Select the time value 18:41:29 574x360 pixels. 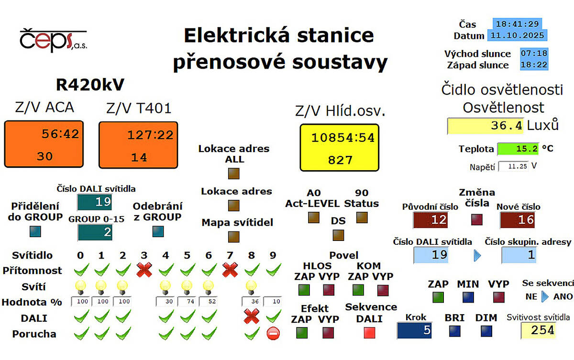click(x=517, y=24)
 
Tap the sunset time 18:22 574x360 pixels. click(x=534, y=65)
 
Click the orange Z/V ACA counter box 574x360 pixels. click(x=44, y=144)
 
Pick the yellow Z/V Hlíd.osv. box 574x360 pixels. click(x=340, y=147)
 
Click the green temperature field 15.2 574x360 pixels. click(x=518, y=149)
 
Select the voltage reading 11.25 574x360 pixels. click(x=514, y=166)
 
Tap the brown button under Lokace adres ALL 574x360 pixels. click(x=234, y=174)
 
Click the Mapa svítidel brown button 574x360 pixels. click(x=234, y=237)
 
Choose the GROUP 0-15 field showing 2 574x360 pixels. click(x=95, y=232)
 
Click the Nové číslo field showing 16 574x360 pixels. click(x=518, y=220)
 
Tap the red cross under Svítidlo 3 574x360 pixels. click(x=144, y=270)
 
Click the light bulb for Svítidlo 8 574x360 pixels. click(x=251, y=287)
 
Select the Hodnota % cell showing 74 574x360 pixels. click(x=188, y=301)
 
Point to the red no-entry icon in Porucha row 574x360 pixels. click(x=273, y=333)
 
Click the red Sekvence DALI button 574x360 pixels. click(x=369, y=333)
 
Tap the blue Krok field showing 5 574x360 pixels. click(x=414, y=330)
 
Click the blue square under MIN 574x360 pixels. click(x=468, y=297)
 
